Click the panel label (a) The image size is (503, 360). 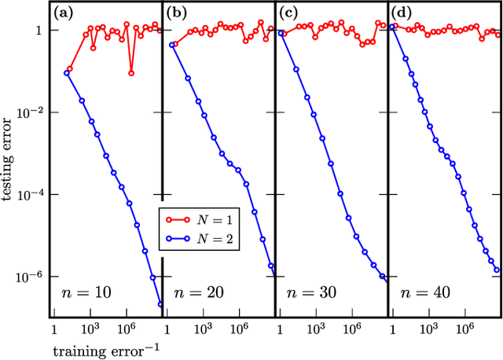tap(64, 13)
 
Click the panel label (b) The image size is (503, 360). tap(178, 13)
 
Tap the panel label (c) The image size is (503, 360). tap(290, 13)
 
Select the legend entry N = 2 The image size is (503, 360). tap(205, 234)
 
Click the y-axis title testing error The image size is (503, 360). tap(11, 168)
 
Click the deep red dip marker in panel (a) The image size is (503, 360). tap(130, 73)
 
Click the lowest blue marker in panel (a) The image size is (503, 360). tap(160, 304)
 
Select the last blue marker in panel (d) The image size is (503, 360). tap(497, 270)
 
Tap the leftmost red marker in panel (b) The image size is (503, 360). tap(174, 45)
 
